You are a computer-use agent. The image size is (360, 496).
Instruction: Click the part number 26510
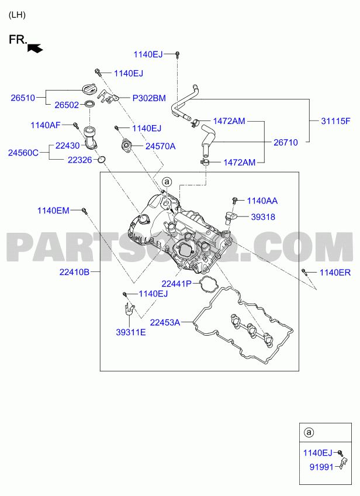pyautogui.click(x=23, y=98)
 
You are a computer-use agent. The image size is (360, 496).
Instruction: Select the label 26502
pyautogui.click(x=66, y=106)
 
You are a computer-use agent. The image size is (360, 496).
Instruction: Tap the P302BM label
pyautogui.click(x=149, y=99)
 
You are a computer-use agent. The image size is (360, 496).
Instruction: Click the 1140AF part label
pyautogui.click(x=45, y=125)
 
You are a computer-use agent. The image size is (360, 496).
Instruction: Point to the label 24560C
pyautogui.click(x=23, y=153)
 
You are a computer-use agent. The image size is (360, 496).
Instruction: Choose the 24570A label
pyautogui.click(x=160, y=146)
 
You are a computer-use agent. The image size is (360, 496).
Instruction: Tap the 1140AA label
pyautogui.click(x=262, y=201)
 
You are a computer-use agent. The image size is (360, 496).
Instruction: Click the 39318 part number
pyautogui.click(x=263, y=217)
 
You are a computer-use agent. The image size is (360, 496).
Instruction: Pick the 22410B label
pyautogui.click(x=74, y=272)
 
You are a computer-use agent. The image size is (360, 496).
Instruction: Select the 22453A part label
pyautogui.click(x=165, y=322)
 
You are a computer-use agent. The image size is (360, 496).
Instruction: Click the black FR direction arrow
pyautogui.click(x=36, y=49)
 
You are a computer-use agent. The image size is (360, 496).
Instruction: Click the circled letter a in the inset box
pyautogui.click(x=309, y=433)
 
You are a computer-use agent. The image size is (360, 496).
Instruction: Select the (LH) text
pyautogui.click(x=17, y=15)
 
